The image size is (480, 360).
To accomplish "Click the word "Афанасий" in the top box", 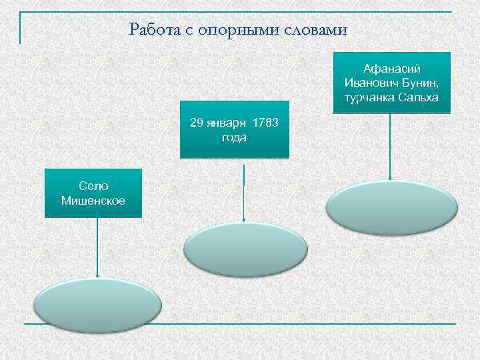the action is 391,69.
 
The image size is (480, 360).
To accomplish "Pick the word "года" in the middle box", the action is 234,137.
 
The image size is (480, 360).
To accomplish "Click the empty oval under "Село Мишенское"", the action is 97,302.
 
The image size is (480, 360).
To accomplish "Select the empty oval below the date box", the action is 245,249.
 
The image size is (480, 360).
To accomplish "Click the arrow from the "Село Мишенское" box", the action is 97,247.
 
